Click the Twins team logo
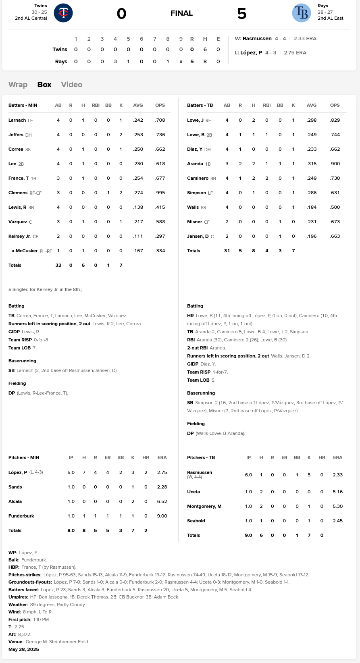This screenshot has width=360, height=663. click(63, 13)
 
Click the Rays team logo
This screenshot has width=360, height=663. click(301, 13)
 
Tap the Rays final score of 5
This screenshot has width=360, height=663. click(241, 14)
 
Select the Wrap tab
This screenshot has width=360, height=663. click(18, 85)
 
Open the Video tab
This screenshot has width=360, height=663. click(72, 85)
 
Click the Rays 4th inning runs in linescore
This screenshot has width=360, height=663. click(115, 62)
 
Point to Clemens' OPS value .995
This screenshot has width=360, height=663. click(160, 193)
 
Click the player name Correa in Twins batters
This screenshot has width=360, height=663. click(16, 149)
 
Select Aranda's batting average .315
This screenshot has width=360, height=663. click(312, 164)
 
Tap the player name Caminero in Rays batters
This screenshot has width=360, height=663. click(198, 179)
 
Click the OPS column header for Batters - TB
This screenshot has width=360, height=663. click(335, 105)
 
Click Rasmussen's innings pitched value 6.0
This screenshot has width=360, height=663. click(248, 475)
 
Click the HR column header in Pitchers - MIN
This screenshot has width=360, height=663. click(146, 458)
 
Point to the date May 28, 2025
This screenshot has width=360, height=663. click(24, 650)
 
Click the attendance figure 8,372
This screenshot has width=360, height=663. click(25, 634)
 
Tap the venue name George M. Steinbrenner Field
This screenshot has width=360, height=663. click(57, 642)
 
